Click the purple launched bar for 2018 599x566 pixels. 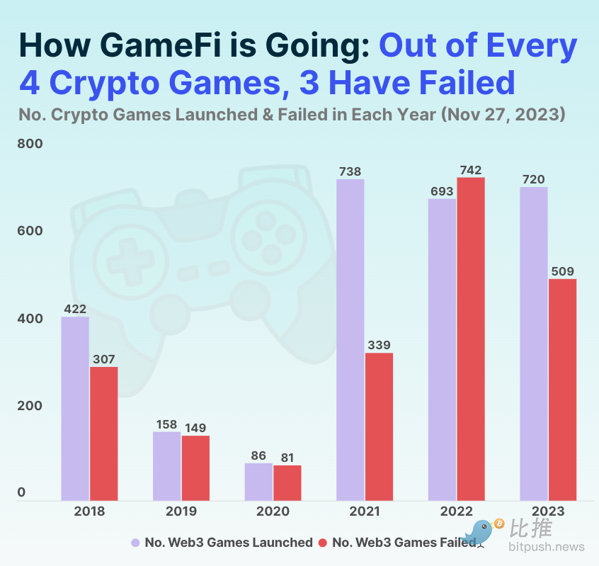(x=75, y=409)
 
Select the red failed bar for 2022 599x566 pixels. (x=471, y=339)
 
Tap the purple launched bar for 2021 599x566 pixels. (x=350, y=340)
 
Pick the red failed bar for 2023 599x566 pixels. (x=562, y=390)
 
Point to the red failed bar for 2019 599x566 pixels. (x=195, y=468)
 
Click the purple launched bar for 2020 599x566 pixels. (x=258, y=482)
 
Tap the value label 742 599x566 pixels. (x=470, y=170)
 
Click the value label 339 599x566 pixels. (x=379, y=346)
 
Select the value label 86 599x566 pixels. (x=258, y=456)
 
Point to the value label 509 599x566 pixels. (x=562, y=271)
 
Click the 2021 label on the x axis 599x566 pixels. (x=365, y=511)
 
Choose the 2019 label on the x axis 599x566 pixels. (x=181, y=511)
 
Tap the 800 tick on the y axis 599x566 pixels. (x=30, y=144)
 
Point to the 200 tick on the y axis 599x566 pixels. (x=30, y=406)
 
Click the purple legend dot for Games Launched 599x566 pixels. (x=135, y=543)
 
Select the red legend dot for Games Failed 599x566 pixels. (x=322, y=543)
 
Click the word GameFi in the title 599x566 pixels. (x=173, y=46)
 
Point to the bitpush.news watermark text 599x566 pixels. (x=547, y=547)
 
